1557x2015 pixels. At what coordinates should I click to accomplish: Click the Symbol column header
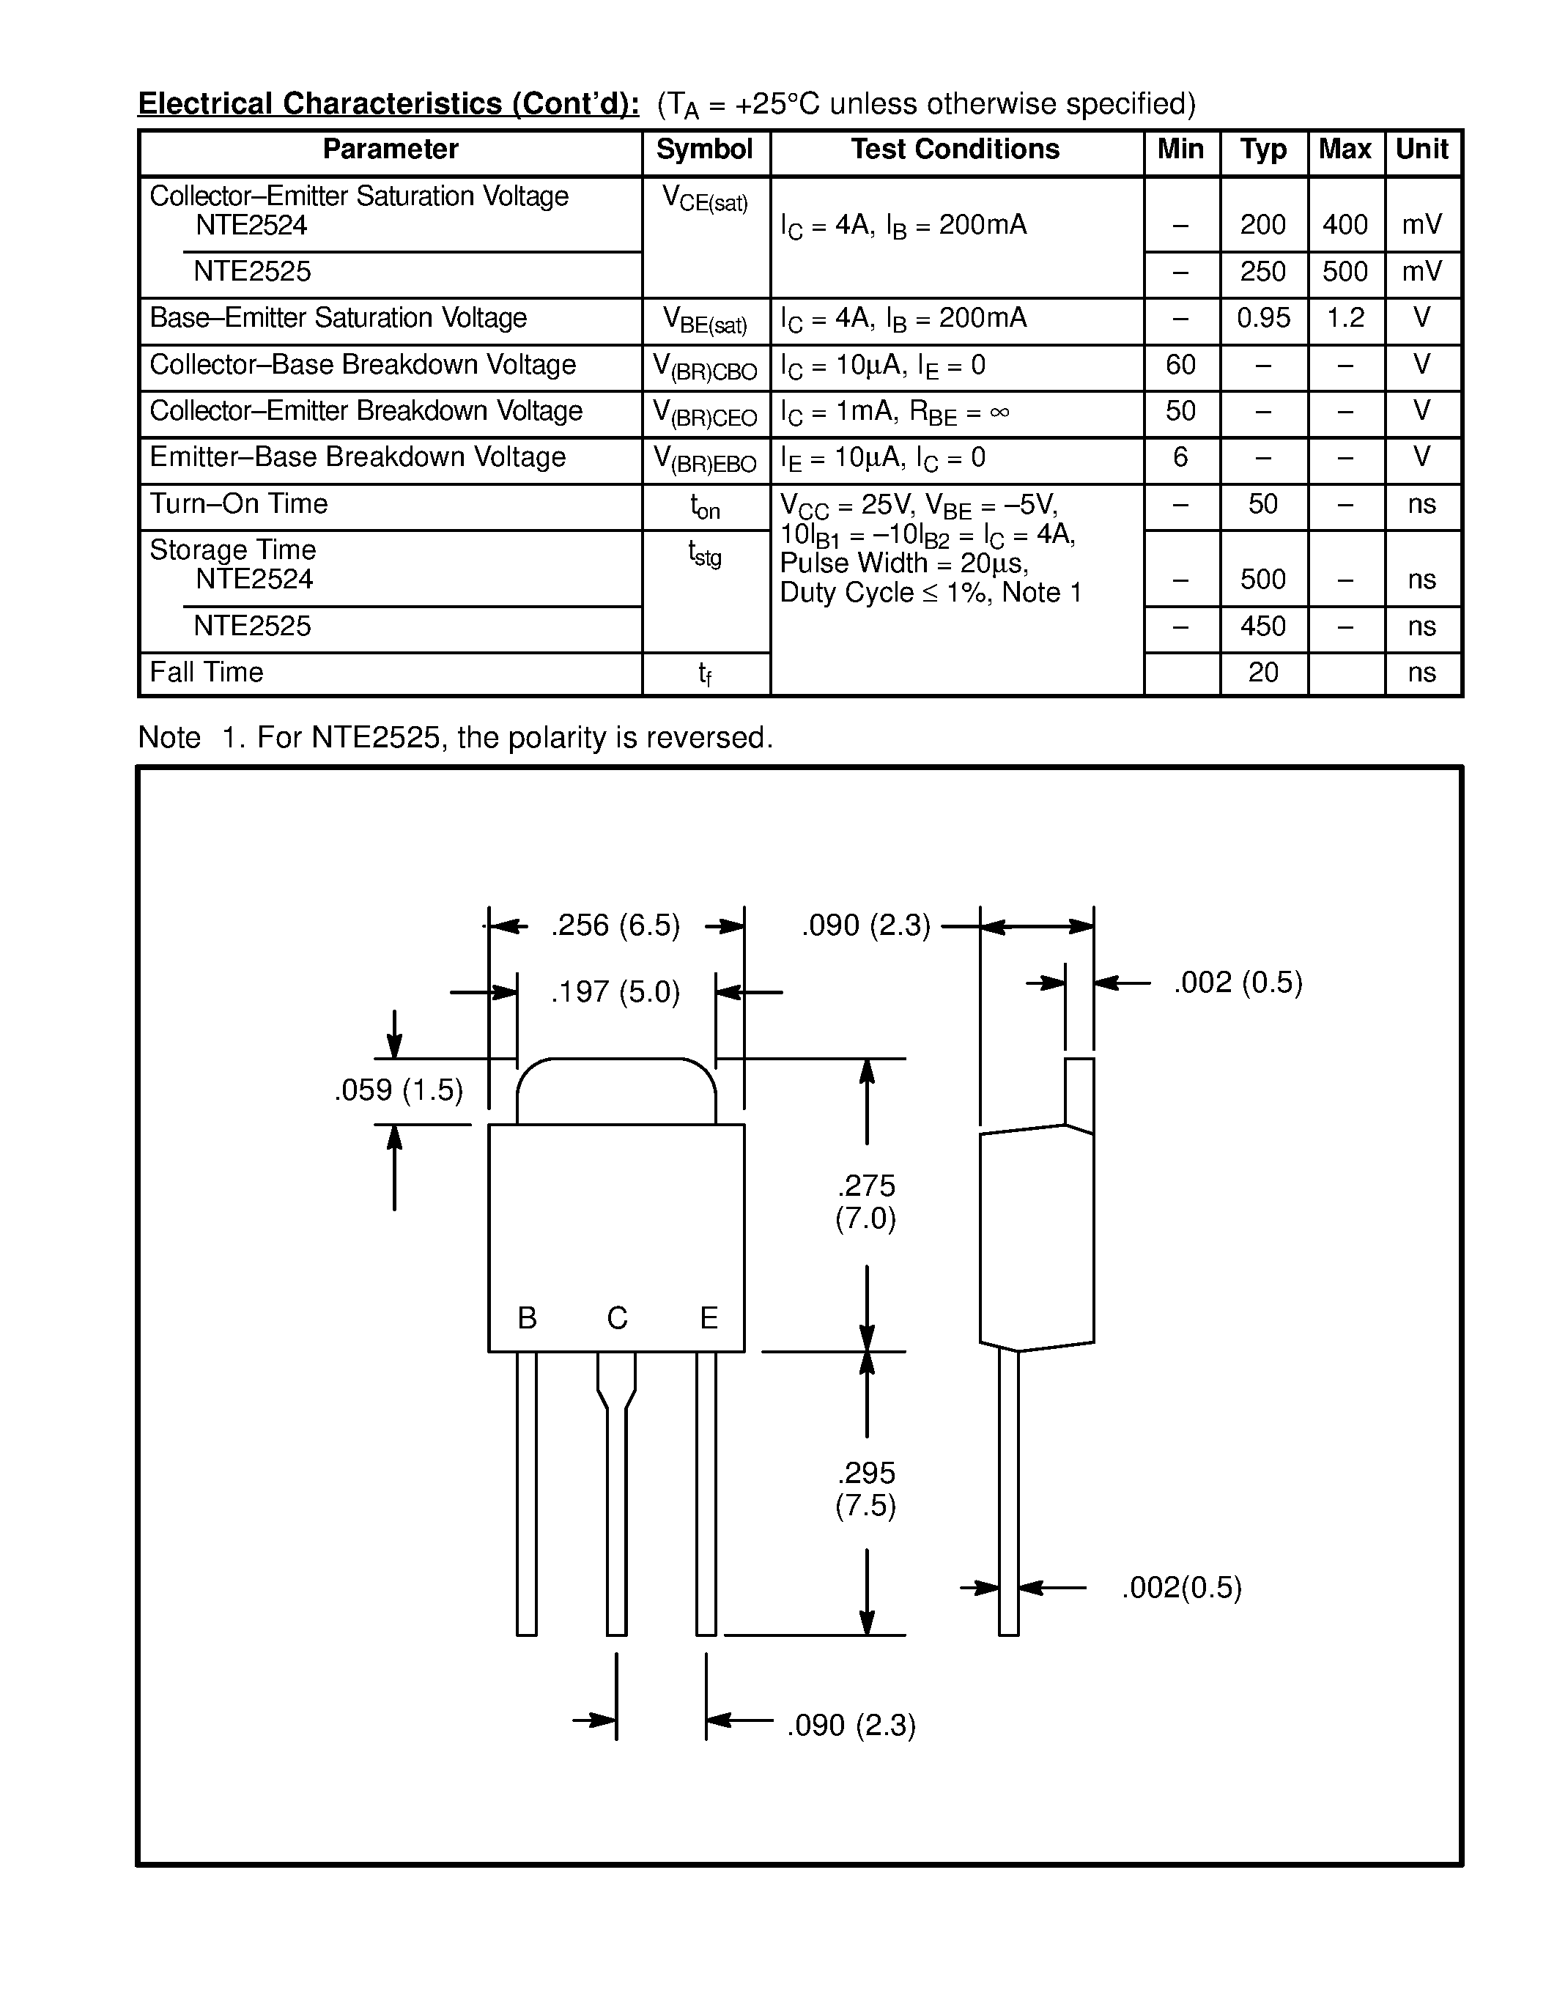pos(704,149)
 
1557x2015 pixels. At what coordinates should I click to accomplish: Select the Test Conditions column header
pos(955,149)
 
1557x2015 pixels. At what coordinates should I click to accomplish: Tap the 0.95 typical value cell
pos(1262,318)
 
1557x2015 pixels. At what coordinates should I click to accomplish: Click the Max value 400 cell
pos(1345,225)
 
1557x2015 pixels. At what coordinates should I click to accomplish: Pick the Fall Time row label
pos(207,673)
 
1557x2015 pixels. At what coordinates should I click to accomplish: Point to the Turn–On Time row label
pos(239,504)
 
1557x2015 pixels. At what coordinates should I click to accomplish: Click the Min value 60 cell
pos(1180,366)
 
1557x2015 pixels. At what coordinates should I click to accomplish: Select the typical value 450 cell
pos(1262,626)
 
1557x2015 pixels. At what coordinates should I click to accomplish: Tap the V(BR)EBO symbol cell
pos(705,459)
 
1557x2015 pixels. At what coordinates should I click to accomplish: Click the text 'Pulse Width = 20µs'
pos(904,563)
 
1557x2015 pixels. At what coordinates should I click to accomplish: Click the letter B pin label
pos(527,1318)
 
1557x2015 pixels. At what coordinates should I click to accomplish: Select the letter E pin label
pos(709,1318)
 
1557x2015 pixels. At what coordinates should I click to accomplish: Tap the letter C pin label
pos(617,1318)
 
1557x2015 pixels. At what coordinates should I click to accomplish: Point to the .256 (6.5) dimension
pos(615,925)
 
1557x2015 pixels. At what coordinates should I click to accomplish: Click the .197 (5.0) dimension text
pos(615,993)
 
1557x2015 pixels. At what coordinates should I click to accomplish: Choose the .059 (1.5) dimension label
pos(399,1090)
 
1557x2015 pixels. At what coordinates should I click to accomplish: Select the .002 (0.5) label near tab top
pos(1238,983)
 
